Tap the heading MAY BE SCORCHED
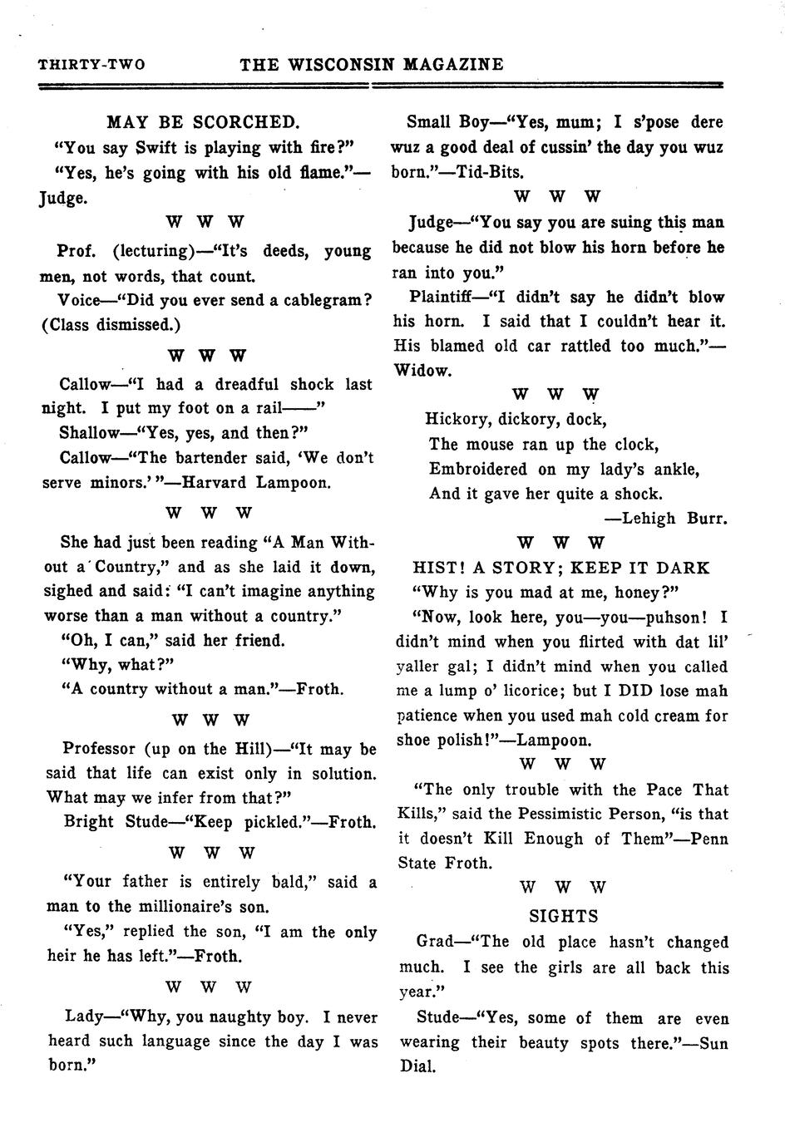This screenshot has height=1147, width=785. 203,122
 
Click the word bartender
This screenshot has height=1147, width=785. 215,458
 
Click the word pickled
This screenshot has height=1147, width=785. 278,823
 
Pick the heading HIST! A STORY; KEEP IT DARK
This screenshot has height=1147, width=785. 561,568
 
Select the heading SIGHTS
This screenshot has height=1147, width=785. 564,916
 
